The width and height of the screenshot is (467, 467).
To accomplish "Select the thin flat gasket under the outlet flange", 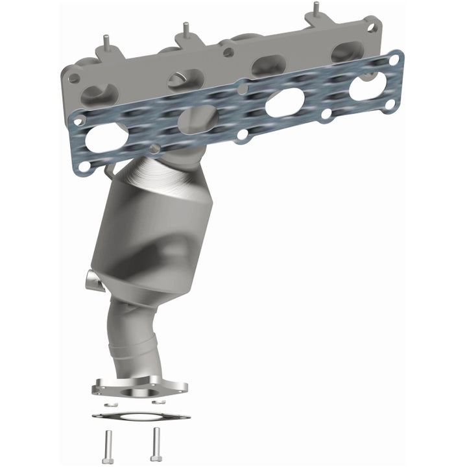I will pyautogui.click(x=141, y=416).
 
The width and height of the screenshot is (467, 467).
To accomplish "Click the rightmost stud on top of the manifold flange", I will pyautogui.click(x=315, y=8).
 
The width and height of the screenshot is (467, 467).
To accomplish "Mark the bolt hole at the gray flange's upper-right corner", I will pyautogui.click(x=370, y=28).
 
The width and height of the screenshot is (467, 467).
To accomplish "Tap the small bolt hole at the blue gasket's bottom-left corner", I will pyautogui.click(x=84, y=167).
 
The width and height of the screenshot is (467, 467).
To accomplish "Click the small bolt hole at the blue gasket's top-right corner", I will pyautogui.click(x=394, y=60).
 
